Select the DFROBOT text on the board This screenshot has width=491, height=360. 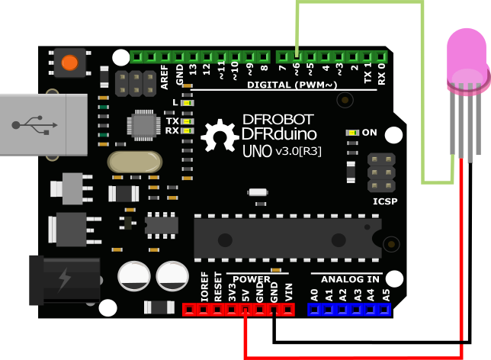[277, 119]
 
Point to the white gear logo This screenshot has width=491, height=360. [220, 136]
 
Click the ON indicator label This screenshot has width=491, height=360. [370, 132]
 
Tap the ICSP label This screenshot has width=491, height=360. [384, 201]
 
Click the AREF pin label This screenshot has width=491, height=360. [165, 76]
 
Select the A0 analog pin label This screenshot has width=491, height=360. [314, 294]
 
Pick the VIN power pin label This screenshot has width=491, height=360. [288, 291]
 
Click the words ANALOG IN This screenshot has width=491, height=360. [345, 279]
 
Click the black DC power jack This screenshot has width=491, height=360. [67, 278]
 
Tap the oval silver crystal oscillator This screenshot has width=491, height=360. [134, 162]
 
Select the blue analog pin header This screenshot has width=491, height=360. [349, 309]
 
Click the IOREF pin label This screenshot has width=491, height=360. [204, 286]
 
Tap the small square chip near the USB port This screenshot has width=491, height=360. [143, 124]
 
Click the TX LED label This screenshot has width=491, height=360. [172, 121]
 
